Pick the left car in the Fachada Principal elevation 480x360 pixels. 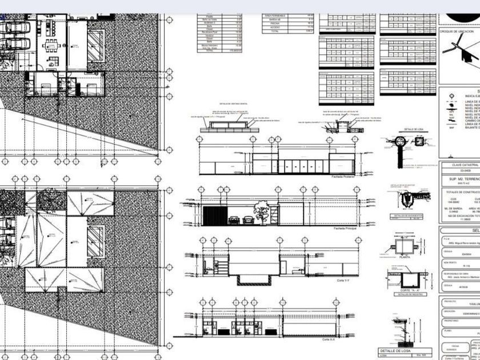pyautogui.click(x=235, y=220)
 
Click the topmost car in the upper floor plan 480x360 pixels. pyautogui.click(x=17, y=27)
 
